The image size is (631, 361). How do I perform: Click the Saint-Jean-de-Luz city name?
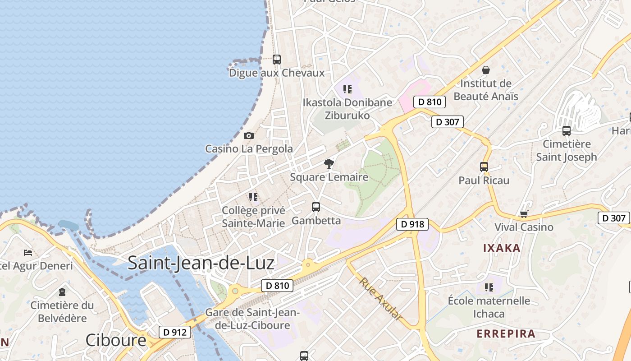201,263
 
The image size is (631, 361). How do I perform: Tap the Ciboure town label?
116,340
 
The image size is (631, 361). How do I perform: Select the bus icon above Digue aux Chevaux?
277,59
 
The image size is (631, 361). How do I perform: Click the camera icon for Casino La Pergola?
248,135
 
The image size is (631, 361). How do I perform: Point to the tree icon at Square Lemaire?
329,164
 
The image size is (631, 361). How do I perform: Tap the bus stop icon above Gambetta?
316,207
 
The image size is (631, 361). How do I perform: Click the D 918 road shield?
412,224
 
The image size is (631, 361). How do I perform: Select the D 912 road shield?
175,332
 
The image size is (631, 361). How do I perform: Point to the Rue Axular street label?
380,299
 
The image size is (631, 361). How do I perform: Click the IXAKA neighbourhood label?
502,248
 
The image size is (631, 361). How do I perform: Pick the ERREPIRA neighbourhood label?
506,334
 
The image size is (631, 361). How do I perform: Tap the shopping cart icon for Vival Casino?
524,213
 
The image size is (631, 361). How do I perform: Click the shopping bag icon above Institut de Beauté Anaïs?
486,70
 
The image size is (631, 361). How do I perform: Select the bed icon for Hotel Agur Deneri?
28,252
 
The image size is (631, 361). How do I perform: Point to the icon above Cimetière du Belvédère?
62,292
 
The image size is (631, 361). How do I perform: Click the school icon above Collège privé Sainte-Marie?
253,197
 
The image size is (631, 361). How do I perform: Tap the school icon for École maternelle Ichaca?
489,287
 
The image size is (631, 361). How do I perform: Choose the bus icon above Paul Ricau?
484,167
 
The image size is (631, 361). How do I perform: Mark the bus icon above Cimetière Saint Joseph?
567,131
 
